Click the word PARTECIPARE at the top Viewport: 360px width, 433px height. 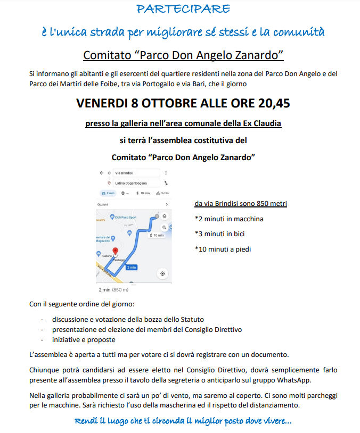tap(183, 9)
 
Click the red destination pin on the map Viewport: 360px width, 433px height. tap(115, 252)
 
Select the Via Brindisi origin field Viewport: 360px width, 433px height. tap(136, 173)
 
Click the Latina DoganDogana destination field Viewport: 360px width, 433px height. tap(136, 183)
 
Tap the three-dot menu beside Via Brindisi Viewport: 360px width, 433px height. tap(166, 173)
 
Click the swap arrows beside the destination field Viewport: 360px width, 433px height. tap(166, 183)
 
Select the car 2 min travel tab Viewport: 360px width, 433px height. tap(107, 193)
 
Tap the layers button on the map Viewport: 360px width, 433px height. tap(164, 216)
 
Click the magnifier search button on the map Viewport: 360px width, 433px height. tap(165, 227)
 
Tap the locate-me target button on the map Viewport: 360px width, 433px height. tap(162, 273)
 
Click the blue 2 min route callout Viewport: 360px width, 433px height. tap(132, 267)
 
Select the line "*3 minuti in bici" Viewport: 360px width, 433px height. tap(219, 234)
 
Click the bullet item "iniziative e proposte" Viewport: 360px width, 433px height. tap(84, 339)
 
